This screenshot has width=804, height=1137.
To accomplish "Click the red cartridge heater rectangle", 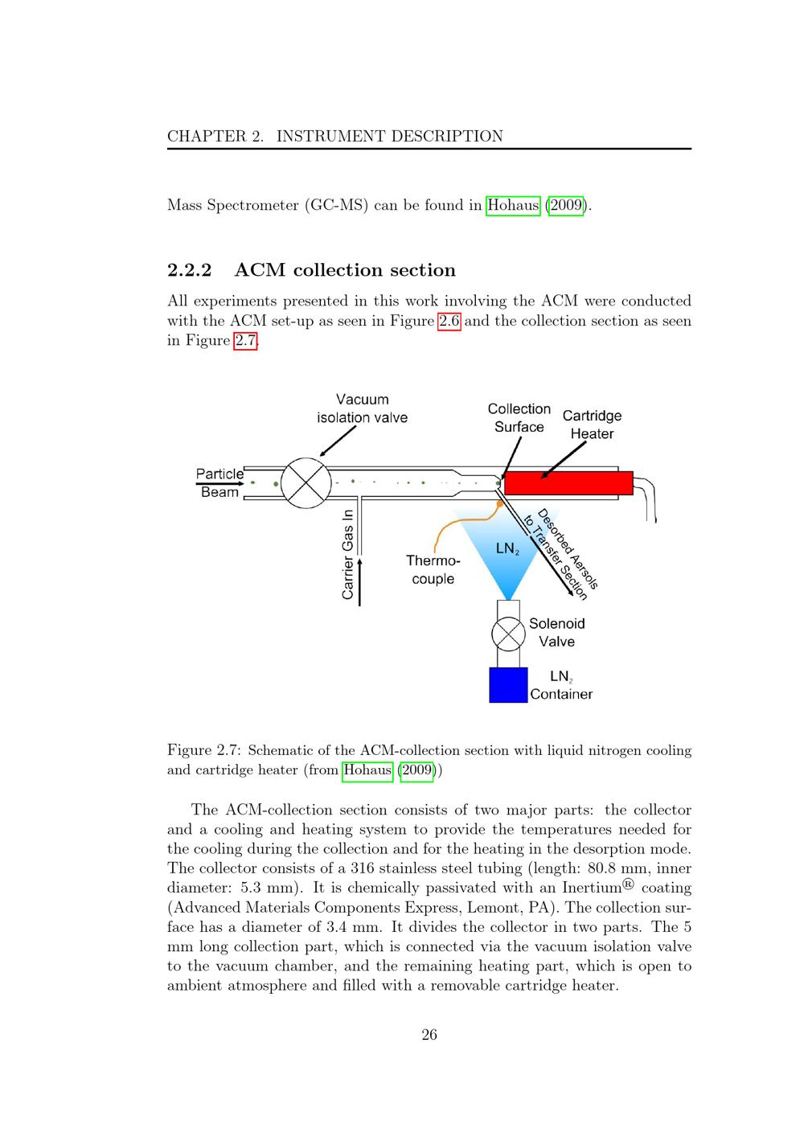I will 568,483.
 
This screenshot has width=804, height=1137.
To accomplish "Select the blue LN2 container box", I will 508,685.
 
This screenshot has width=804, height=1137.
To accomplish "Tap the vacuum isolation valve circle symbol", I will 306,483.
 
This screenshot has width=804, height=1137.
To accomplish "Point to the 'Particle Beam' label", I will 219,482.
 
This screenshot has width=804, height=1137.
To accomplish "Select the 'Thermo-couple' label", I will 433,569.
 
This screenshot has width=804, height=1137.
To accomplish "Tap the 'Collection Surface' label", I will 519,418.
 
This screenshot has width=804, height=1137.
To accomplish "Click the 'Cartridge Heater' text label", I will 592,425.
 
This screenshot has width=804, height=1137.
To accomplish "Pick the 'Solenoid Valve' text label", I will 556,632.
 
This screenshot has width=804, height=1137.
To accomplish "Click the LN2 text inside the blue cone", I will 507,549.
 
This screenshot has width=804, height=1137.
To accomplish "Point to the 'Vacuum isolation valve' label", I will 362,408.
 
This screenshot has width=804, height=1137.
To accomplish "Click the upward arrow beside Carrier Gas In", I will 359,579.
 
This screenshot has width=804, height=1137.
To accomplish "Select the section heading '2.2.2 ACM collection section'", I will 311,269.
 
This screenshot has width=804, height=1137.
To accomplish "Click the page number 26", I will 429,1035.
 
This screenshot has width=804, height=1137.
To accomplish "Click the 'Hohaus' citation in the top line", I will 513,205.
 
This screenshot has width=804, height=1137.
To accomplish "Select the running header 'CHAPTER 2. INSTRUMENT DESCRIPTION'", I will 334,136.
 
